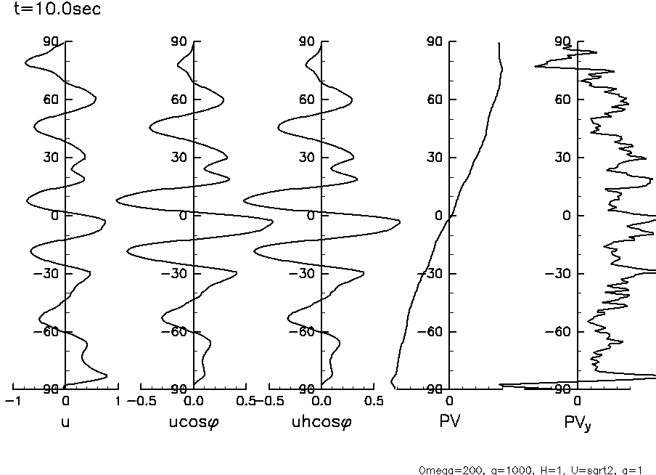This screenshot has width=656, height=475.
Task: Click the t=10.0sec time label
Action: point(52,9)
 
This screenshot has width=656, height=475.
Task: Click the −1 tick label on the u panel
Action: point(12,401)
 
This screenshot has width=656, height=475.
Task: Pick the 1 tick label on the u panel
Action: point(118,401)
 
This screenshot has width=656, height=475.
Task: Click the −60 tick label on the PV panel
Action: point(434,332)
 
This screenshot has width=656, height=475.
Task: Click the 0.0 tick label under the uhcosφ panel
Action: point(321,401)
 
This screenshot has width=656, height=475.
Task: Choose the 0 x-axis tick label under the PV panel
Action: point(450,401)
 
